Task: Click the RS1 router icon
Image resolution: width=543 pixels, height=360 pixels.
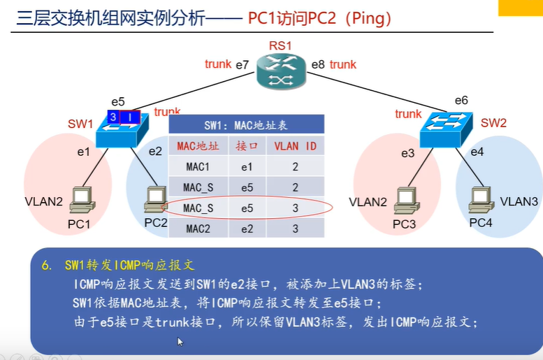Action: click(281, 72)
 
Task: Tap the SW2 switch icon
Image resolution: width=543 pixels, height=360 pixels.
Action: click(446, 130)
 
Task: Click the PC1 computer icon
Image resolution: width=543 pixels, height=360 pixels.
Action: click(82, 200)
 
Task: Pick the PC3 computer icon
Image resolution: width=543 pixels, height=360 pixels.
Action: click(407, 200)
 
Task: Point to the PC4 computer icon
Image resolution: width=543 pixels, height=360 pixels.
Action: click(482, 199)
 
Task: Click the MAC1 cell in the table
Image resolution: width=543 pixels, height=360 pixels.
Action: click(198, 167)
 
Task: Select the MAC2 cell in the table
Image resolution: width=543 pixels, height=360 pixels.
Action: click(198, 229)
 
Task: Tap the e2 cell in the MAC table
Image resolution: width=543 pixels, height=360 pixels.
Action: click(247, 229)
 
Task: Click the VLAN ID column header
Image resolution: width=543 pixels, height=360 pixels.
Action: click(296, 146)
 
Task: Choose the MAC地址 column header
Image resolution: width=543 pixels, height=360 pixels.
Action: click(198, 146)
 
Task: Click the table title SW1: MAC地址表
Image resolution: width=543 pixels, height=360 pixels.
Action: click(246, 125)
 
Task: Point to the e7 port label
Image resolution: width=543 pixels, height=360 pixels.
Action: click(242, 65)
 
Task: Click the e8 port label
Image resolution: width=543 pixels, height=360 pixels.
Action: click(318, 64)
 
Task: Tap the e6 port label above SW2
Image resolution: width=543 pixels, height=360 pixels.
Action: click(461, 101)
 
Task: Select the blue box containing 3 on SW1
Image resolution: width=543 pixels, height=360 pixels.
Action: click(113, 117)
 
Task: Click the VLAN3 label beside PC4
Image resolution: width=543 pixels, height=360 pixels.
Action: click(519, 201)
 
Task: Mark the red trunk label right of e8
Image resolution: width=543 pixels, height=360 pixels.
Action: click(343, 64)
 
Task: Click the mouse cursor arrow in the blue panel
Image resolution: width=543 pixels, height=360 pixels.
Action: click(180, 342)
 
